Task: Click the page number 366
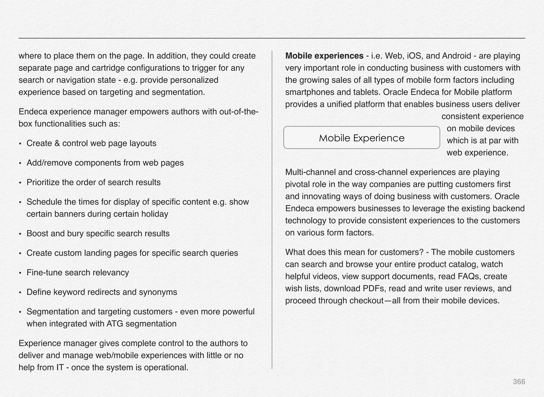point(519,382)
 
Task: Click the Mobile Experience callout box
point(362,138)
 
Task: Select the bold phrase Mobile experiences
point(324,56)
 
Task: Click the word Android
point(456,56)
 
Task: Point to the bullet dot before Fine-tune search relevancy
point(20,273)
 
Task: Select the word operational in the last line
point(165,368)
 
